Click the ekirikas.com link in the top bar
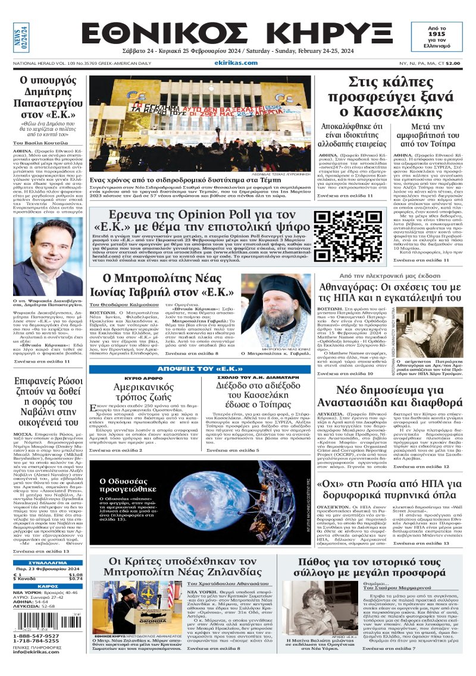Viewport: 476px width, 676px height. [x=238, y=61]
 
